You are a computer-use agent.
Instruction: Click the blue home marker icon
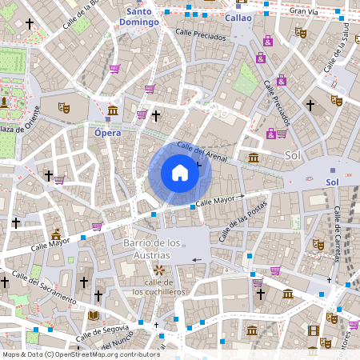(179, 173)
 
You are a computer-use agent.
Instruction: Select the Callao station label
(238, 18)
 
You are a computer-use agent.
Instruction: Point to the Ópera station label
(107, 133)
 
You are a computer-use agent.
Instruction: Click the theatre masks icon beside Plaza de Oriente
(64, 106)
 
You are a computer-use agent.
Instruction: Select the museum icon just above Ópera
(113, 110)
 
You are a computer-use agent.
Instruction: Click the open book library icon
(93, 315)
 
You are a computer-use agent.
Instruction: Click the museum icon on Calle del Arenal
(254, 157)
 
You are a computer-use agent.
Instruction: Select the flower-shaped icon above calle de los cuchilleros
(159, 270)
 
